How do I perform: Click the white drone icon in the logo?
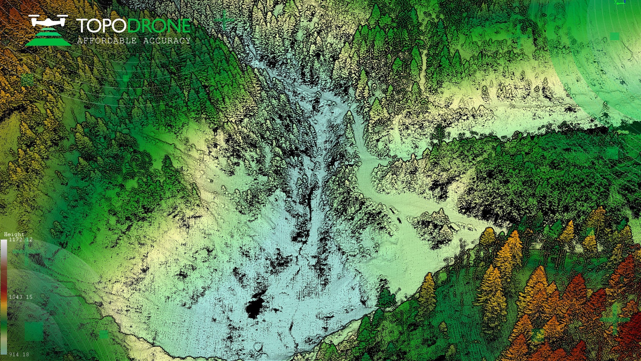point(48,21)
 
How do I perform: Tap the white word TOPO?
point(102,26)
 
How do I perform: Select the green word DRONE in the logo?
point(159,26)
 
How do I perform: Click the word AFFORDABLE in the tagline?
point(107,41)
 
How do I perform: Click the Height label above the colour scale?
point(14,234)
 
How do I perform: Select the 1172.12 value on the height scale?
point(21,240)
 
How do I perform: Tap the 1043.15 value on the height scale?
point(21,297)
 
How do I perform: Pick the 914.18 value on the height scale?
point(19,355)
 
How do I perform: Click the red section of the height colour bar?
point(4,282)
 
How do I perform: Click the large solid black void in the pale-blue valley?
point(255,306)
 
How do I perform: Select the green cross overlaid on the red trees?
point(614,319)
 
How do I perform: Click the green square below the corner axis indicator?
point(615,36)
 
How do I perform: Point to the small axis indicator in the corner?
point(619,3)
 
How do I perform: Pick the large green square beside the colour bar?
point(34,331)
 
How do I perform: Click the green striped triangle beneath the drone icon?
point(48,38)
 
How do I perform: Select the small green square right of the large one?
point(103,335)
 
